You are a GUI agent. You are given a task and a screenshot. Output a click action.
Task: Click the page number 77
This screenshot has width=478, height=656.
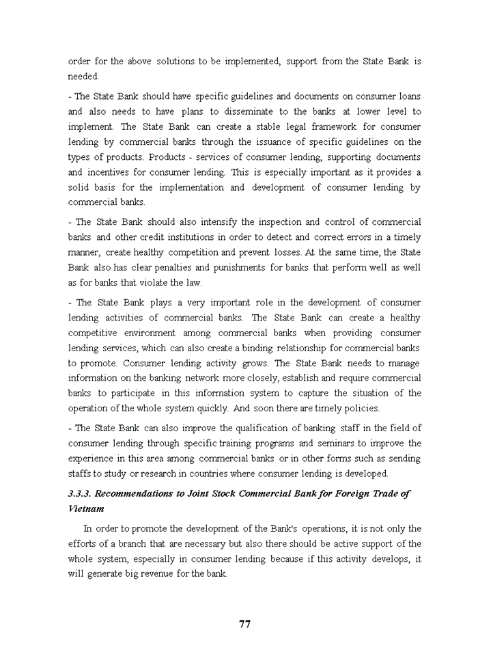[245, 624]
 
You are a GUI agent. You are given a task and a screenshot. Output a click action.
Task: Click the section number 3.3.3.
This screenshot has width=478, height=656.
[81, 493]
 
